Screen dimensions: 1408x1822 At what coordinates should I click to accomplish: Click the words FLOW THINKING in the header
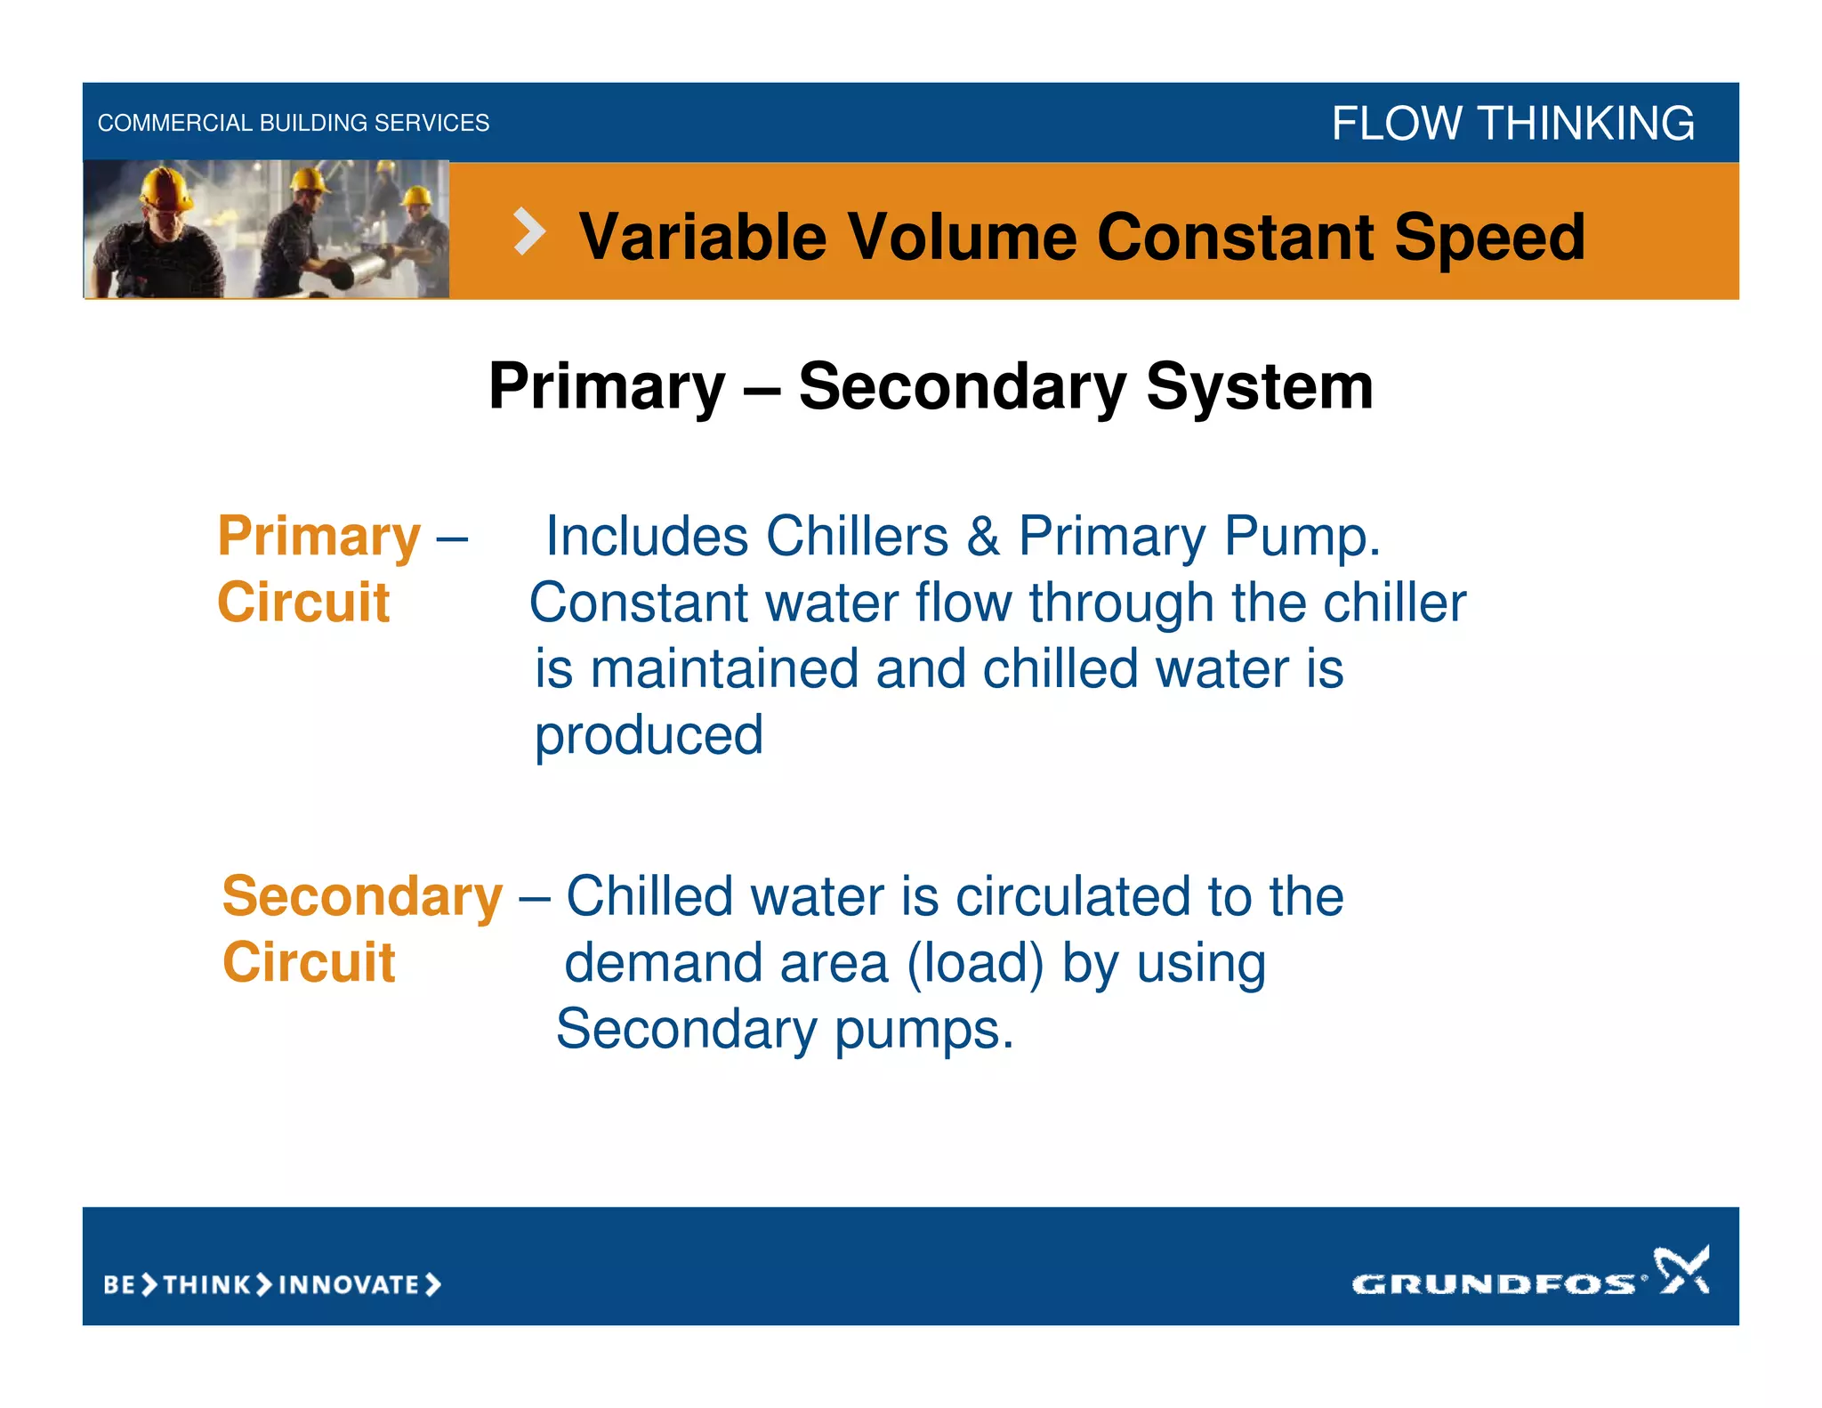click(x=1512, y=123)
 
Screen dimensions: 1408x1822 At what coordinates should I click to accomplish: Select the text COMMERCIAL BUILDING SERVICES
click(x=293, y=123)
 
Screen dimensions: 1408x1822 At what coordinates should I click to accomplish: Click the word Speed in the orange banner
click(x=1489, y=238)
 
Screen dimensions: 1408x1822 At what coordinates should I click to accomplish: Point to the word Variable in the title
click(x=703, y=238)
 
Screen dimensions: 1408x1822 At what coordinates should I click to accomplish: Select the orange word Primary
click(x=318, y=537)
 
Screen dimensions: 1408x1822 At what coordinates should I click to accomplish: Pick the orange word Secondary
click(x=362, y=896)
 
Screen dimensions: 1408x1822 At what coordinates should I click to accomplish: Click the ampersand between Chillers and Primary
click(x=983, y=537)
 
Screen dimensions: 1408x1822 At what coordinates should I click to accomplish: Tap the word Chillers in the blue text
click(x=857, y=537)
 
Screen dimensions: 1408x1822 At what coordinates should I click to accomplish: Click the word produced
click(x=649, y=736)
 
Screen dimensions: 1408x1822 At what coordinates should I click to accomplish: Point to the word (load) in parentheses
click(x=975, y=964)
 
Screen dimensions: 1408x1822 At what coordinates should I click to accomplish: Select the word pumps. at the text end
click(x=923, y=1030)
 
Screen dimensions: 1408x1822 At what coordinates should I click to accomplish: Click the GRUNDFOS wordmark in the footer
click(x=1493, y=1283)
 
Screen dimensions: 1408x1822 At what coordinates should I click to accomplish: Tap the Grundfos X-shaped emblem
click(x=1681, y=1270)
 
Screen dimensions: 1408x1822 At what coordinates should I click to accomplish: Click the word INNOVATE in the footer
click(x=349, y=1284)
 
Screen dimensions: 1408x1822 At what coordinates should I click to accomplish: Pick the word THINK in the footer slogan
click(x=207, y=1284)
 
